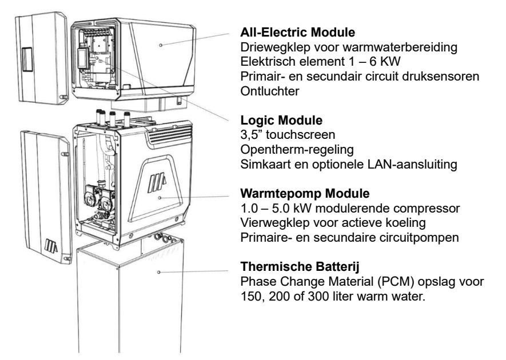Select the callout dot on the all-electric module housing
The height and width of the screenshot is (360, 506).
coord(162,44)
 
